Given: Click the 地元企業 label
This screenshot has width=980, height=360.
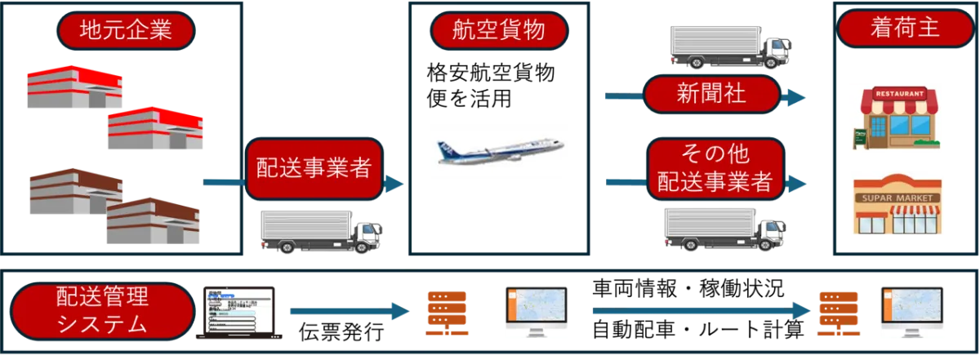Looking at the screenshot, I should pos(125,32).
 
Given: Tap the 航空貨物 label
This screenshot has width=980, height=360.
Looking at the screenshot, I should pos(498,32).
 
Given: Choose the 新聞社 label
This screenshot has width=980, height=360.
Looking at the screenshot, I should pos(710,95).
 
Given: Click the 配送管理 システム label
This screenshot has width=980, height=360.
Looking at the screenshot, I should pos(102,311).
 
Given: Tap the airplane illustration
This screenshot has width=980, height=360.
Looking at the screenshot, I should pos(497,153).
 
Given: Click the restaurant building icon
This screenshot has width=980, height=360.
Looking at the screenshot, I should pos(898,117).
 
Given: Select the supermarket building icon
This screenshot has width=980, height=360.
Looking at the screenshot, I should pos(898,204).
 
